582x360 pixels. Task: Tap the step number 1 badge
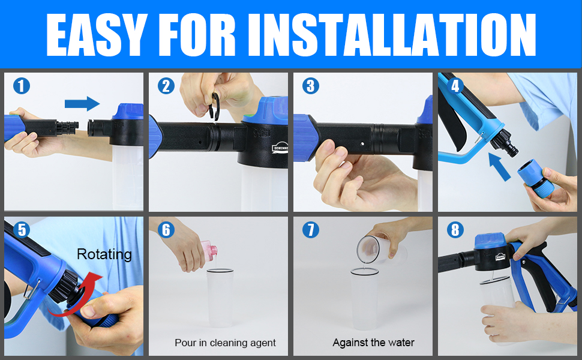[x=21, y=86]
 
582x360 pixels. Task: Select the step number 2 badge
[x=166, y=86]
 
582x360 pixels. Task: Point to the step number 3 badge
[x=311, y=86]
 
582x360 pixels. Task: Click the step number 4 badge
[x=455, y=86]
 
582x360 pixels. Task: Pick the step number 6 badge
[x=166, y=230]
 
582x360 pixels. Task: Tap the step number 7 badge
[x=311, y=230]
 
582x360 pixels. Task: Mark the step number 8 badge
[x=455, y=230]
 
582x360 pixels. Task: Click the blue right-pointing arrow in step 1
[x=82, y=103]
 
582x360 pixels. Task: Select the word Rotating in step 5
[x=104, y=254]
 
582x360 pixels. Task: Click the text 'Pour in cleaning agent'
[x=225, y=343]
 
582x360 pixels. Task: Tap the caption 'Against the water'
[x=373, y=343]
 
